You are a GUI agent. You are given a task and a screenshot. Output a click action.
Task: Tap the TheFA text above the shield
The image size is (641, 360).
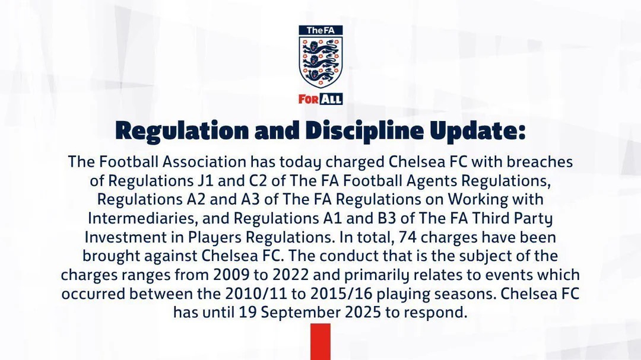click(x=320, y=30)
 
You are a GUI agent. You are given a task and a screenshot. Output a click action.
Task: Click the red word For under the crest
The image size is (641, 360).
click(x=308, y=99)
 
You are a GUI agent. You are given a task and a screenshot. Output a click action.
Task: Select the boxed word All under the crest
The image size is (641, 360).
click(x=331, y=99)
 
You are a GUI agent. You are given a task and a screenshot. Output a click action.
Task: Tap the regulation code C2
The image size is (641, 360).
click(x=257, y=181)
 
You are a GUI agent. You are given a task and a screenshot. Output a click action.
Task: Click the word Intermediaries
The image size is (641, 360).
click(x=142, y=218)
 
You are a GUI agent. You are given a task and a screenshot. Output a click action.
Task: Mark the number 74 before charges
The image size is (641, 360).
click(x=408, y=237)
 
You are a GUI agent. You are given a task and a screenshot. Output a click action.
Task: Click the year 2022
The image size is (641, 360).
click(x=291, y=275)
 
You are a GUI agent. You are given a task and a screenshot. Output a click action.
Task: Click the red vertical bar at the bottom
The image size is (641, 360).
click(x=320, y=342)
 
